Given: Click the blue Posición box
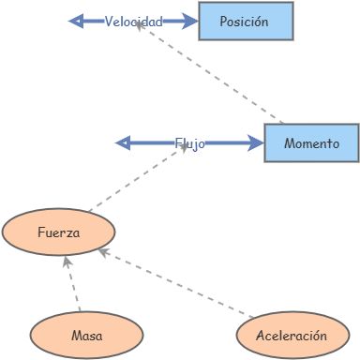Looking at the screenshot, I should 246,21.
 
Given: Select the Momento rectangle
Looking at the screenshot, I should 310,142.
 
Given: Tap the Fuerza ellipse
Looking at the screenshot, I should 58,232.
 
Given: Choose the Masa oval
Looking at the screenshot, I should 85,335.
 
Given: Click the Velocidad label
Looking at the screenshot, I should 133,21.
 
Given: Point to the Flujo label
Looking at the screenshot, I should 188,143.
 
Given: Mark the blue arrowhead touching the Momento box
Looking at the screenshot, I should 256,143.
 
